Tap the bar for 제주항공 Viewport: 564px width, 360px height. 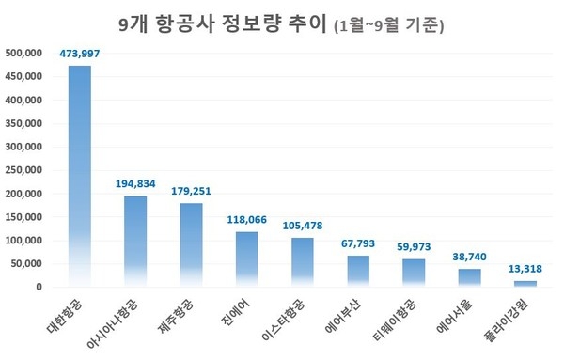click(x=191, y=245)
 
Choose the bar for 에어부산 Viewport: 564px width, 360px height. click(x=358, y=272)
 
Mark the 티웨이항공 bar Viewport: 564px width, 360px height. click(x=414, y=274)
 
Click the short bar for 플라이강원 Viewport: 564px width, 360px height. click(x=525, y=284)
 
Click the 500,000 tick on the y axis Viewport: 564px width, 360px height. click(x=23, y=53)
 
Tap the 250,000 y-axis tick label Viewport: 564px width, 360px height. click(x=23, y=170)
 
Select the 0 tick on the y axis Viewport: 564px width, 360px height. click(x=38, y=288)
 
